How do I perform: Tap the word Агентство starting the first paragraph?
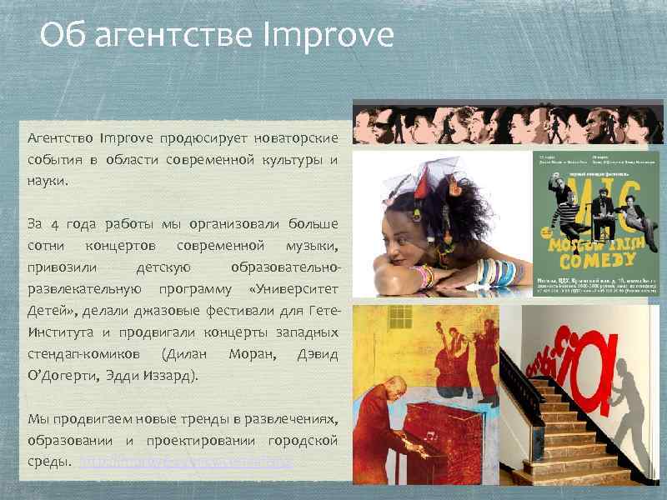[x=61, y=137]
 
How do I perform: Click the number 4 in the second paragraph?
[x=55, y=223]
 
